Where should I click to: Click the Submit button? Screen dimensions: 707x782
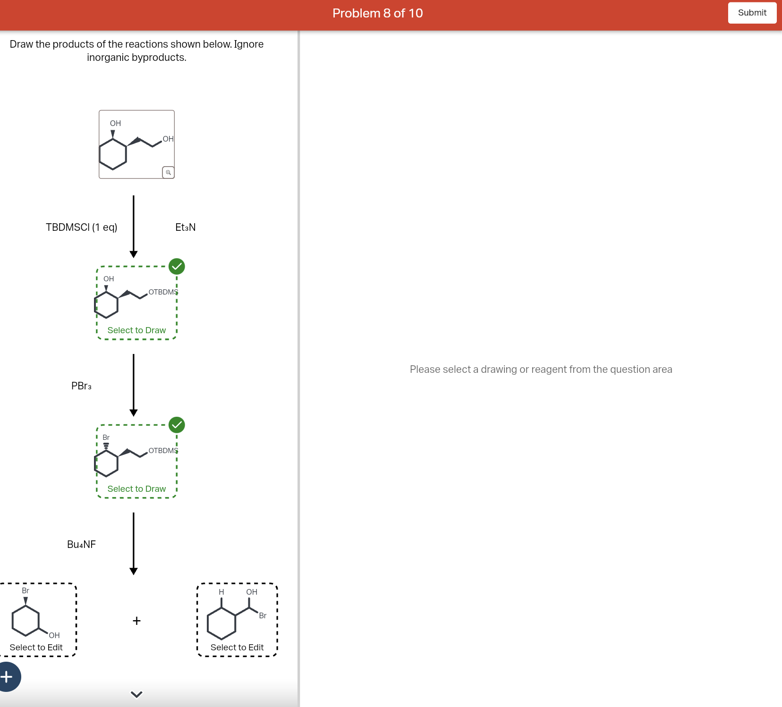[x=752, y=13]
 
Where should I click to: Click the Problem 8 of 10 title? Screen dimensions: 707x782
[x=377, y=13]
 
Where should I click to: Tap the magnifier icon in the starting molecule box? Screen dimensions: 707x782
[x=168, y=172]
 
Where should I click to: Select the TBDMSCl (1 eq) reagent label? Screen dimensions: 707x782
[x=81, y=227]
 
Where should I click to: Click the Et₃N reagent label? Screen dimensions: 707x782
[x=185, y=227]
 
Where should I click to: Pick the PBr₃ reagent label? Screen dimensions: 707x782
[x=81, y=386]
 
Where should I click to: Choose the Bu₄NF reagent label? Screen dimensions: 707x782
[x=81, y=545]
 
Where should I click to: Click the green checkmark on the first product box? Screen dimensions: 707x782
[x=177, y=267]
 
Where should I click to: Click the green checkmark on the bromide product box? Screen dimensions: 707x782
[x=177, y=425]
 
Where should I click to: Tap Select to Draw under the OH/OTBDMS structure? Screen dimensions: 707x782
[x=136, y=330]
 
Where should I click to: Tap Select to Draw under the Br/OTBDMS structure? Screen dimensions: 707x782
[x=136, y=489]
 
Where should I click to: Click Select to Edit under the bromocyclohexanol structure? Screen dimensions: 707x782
[x=36, y=648]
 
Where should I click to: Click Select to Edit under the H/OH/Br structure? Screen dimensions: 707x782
[x=237, y=648]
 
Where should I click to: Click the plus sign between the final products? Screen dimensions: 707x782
[x=136, y=621]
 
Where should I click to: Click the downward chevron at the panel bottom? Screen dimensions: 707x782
[x=136, y=694]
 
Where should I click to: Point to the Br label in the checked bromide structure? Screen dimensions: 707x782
[x=106, y=438]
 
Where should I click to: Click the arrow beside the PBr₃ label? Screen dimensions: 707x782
[x=134, y=385]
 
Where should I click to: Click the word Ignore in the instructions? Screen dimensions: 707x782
[x=249, y=44]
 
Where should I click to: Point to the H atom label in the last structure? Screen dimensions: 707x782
[x=221, y=592]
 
